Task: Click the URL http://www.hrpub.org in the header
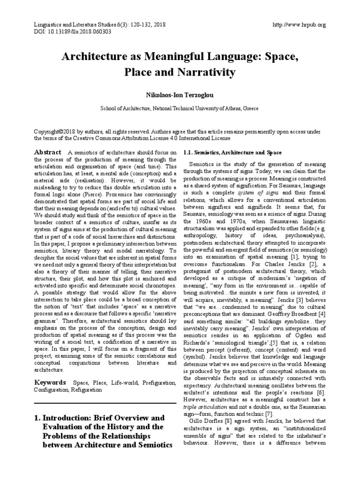coord(299,24)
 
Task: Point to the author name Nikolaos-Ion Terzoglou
coord(180,95)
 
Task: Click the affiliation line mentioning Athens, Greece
coord(180,108)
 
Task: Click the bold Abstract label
coord(47,152)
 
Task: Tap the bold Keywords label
coord(50,382)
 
